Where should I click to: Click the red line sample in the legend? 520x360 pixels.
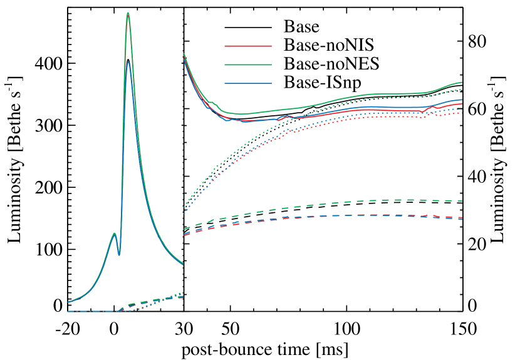pos(248,46)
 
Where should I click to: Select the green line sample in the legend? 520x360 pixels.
pos(248,64)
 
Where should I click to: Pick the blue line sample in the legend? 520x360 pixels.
pos(248,83)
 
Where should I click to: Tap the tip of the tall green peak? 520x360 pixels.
pos(128,13)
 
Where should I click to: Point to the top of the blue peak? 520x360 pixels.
pos(128,61)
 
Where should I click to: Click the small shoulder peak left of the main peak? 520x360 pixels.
pos(114,233)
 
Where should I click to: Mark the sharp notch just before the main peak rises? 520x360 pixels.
pos(119,255)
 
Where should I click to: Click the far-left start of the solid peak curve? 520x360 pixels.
pos(68,302)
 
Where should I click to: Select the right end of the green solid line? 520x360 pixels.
pos(462,82)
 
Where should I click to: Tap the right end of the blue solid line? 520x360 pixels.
pos(462,100)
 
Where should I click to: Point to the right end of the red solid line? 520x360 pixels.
pos(462,104)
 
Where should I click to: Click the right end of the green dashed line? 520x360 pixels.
pos(462,201)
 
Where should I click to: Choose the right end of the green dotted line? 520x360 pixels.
pos(462,90)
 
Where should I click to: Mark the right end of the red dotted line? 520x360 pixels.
pos(462,113)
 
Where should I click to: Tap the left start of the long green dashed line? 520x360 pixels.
pos(184,229)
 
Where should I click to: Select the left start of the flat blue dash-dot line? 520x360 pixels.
pos(68,311)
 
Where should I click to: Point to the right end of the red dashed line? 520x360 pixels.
pos(462,219)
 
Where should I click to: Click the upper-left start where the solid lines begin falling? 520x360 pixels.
pos(184,54)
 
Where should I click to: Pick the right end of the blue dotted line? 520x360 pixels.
pos(462,109)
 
